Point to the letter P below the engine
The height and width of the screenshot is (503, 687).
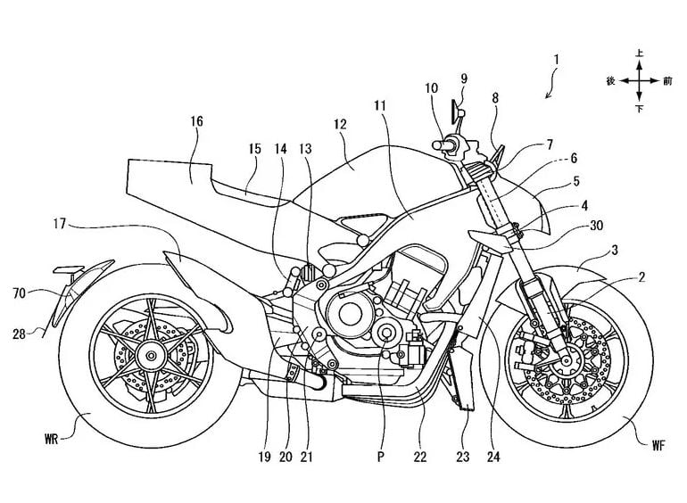(x=382, y=458)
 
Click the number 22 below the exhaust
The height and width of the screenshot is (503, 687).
(x=419, y=458)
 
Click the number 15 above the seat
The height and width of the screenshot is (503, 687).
(x=254, y=151)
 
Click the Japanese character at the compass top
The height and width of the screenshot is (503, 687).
(x=639, y=54)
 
